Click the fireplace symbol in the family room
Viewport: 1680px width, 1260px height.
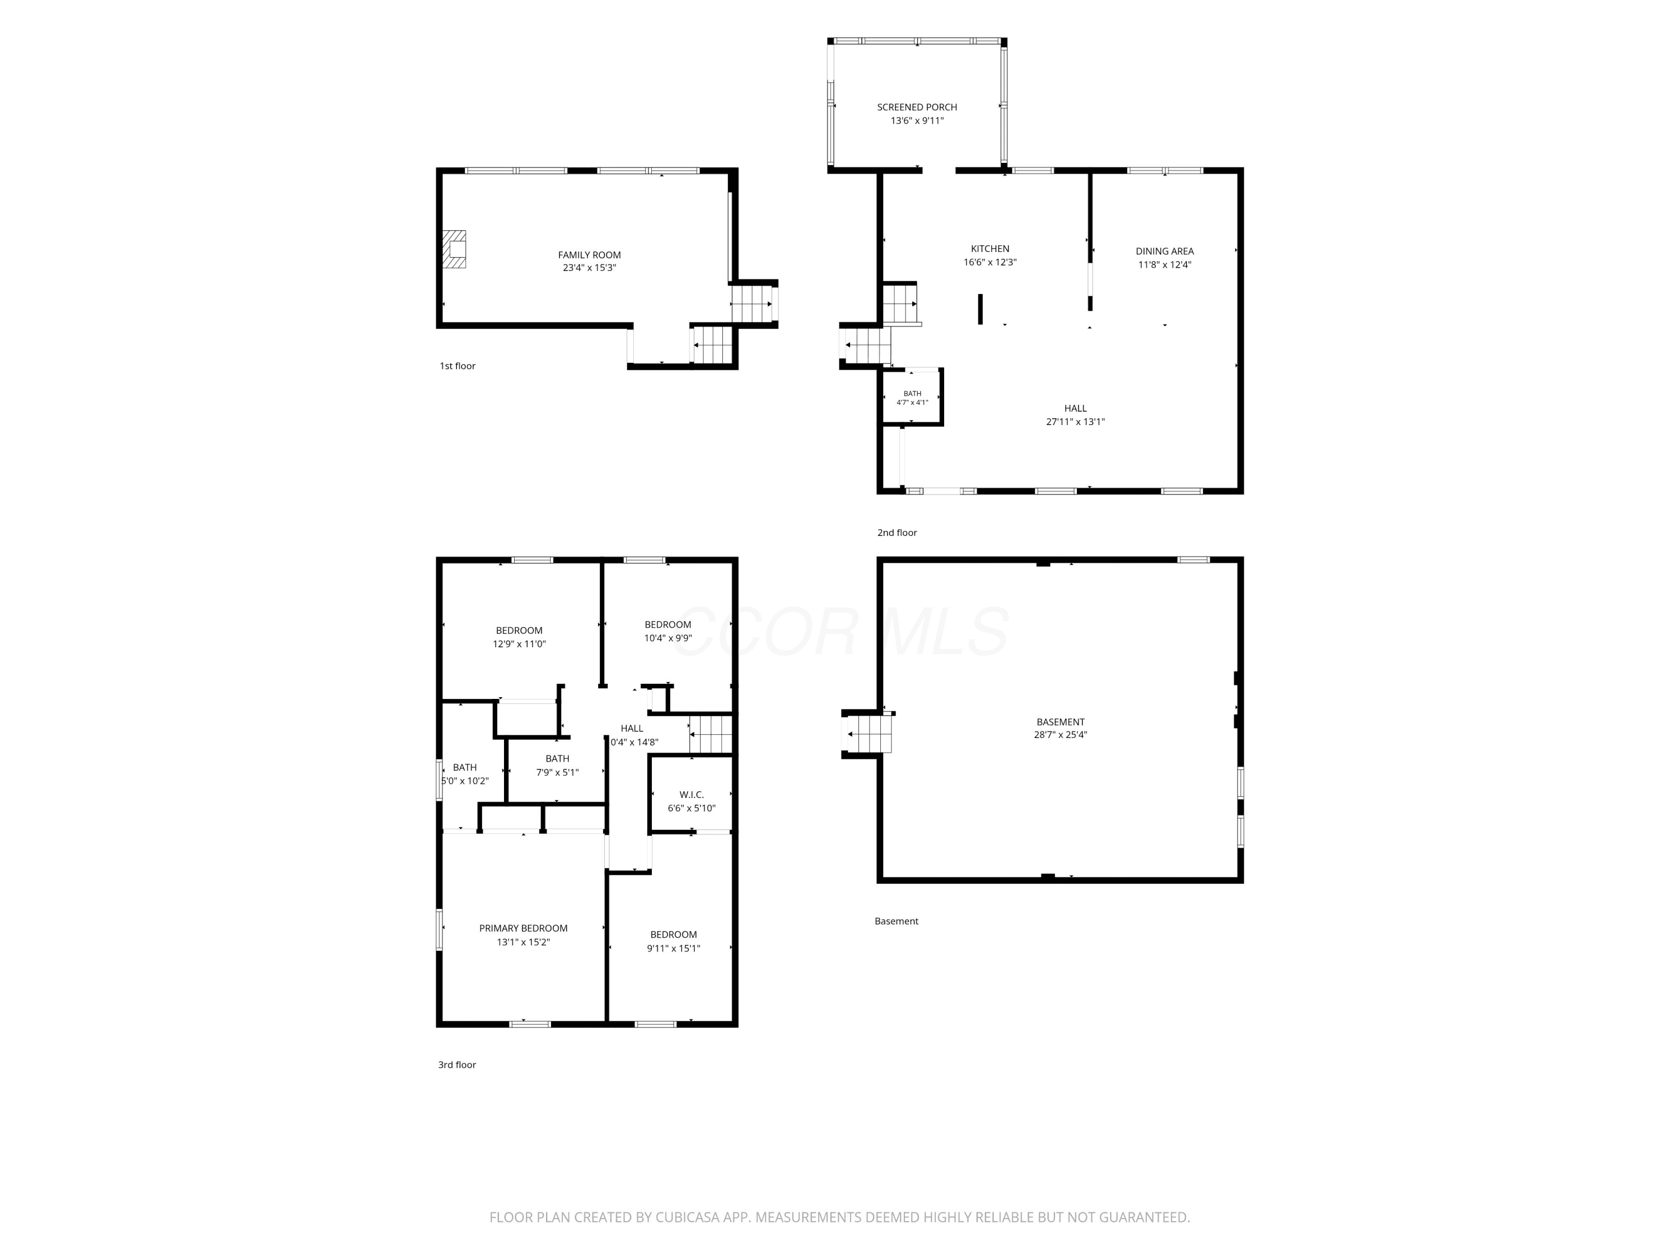(x=454, y=249)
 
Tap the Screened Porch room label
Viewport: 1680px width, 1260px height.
(x=917, y=107)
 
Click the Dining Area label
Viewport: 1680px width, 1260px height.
(x=1164, y=251)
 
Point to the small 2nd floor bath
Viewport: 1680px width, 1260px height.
(x=911, y=397)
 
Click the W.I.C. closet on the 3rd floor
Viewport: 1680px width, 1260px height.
(x=691, y=795)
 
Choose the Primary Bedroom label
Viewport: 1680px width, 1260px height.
(x=523, y=928)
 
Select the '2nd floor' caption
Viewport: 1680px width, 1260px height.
(x=897, y=533)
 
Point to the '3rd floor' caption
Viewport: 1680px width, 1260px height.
(x=456, y=1065)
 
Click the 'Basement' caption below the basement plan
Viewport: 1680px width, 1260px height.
(x=896, y=921)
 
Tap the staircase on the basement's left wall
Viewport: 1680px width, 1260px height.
(x=868, y=734)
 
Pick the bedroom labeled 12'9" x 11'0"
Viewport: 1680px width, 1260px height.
(x=520, y=631)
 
